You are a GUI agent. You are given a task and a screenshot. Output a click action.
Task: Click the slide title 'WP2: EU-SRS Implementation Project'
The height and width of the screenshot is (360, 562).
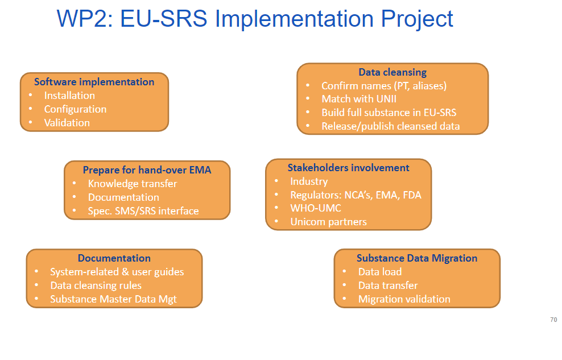(255, 19)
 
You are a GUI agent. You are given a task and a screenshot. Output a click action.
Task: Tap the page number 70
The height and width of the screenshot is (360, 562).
(553, 320)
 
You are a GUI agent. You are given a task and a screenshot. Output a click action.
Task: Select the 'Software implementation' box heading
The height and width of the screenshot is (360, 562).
(94, 82)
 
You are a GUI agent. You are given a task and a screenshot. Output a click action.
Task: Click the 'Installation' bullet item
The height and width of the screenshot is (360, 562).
(69, 96)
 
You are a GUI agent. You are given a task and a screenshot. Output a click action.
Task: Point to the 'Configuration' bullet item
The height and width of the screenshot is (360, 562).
(75, 109)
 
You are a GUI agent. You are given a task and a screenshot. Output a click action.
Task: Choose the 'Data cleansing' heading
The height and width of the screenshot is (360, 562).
(392, 72)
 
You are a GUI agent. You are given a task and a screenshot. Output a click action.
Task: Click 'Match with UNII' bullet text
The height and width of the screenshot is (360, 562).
(359, 99)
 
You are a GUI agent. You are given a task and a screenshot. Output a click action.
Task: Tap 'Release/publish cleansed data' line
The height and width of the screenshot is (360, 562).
(391, 126)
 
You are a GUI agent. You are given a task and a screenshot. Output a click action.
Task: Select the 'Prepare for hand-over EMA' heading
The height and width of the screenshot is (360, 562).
(147, 170)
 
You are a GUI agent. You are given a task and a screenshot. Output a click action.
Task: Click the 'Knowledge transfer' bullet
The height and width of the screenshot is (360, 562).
(133, 184)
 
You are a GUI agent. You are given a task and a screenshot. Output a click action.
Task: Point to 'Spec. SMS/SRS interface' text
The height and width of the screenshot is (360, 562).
(143, 211)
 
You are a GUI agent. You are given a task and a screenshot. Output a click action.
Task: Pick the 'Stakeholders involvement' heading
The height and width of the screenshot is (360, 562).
(348, 168)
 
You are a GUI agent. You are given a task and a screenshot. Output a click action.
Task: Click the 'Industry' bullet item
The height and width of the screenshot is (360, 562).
(309, 181)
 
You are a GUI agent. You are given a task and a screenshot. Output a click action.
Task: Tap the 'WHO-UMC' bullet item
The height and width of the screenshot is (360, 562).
(316, 208)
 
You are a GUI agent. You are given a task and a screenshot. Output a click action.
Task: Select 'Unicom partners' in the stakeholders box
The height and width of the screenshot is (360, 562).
(328, 222)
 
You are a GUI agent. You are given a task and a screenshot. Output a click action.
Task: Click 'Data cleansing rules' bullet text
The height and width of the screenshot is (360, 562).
(96, 285)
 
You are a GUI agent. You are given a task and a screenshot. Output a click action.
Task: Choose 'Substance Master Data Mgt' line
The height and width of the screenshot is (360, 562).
(114, 299)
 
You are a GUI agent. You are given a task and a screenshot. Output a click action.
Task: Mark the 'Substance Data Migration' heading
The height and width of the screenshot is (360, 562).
(417, 258)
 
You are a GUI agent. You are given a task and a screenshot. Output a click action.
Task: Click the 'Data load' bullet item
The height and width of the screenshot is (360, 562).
(380, 272)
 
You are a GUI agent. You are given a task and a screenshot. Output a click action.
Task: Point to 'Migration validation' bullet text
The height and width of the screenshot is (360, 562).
(404, 299)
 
